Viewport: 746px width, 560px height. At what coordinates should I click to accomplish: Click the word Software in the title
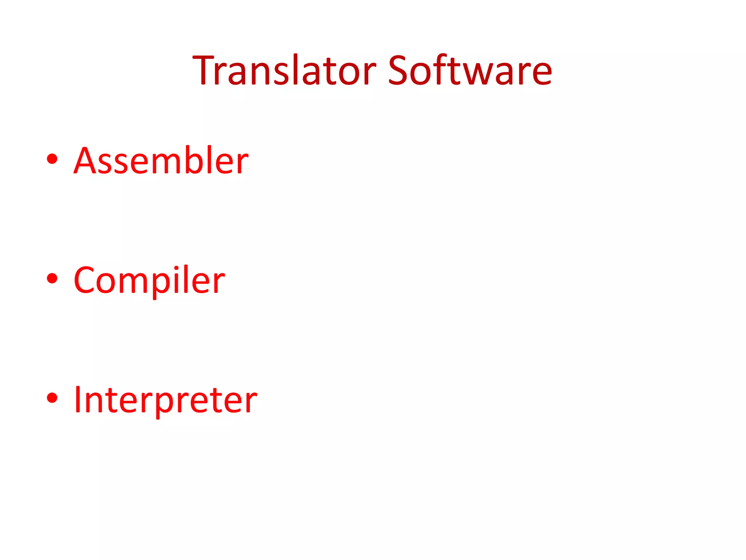(470, 70)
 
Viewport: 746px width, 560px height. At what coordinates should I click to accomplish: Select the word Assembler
(161, 160)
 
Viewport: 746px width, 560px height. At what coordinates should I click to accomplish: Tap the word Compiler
(149, 280)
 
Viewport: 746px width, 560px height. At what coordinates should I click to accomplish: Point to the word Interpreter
(165, 400)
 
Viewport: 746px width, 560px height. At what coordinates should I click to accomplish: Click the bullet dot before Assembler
(52, 159)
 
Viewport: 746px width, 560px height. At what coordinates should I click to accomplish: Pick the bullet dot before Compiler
(52, 279)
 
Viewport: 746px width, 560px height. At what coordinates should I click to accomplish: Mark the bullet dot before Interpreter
(52, 398)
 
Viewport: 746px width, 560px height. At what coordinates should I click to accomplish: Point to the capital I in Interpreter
(78, 400)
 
